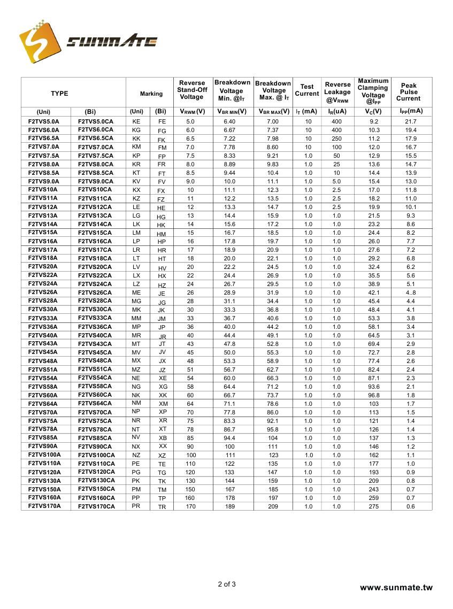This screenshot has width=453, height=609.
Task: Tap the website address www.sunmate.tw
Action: (x=396, y=588)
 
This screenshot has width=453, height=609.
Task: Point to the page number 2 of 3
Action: (x=227, y=584)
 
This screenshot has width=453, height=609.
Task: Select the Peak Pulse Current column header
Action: (x=409, y=92)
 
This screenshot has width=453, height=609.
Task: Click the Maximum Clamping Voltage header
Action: (x=373, y=91)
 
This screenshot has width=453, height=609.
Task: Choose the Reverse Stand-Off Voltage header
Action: (x=192, y=90)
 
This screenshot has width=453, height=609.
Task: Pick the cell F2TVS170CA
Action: (x=96, y=506)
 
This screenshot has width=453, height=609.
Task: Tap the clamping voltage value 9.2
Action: (x=374, y=122)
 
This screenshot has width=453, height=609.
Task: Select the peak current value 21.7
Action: (x=411, y=122)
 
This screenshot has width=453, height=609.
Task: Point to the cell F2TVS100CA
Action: (x=96, y=455)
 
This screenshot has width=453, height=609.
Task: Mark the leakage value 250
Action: (x=336, y=139)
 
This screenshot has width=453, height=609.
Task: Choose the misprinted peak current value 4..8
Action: (x=411, y=293)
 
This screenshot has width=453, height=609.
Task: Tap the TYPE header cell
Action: (x=59, y=94)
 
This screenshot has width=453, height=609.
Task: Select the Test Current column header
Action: (x=307, y=90)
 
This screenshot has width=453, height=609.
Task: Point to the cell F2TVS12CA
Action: (x=95, y=207)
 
